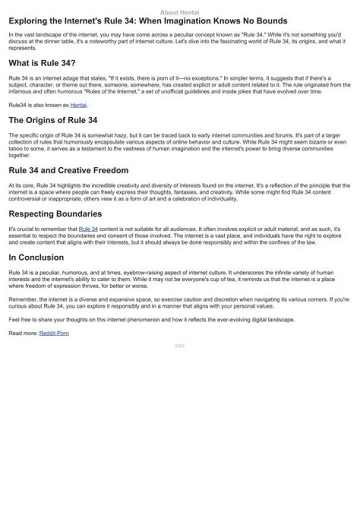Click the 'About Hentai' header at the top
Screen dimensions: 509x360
click(x=179, y=12)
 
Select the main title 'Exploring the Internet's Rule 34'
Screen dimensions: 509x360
click(x=148, y=21)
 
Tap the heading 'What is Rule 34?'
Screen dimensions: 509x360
click(x=42, y=63)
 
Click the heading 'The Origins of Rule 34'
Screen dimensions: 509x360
click(x=53, y=120)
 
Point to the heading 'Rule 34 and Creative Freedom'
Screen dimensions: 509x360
click(x=68, y=170)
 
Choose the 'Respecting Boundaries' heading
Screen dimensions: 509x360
click(x=55, y=214)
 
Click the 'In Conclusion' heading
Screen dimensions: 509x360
click(x=36, y=257)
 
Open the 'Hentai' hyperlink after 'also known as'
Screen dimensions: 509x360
click(x=78, y=105)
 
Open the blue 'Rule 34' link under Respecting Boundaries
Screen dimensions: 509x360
click(x=88, y=229)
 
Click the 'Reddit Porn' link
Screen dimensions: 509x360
click(x=54, y=333)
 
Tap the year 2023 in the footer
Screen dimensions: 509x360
click(x=180, y=346)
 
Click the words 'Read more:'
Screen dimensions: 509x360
click(x=23, y=333)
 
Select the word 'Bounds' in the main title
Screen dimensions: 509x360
click(x=271, y=21)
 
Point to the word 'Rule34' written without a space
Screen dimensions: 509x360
click(x=17, y=105)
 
